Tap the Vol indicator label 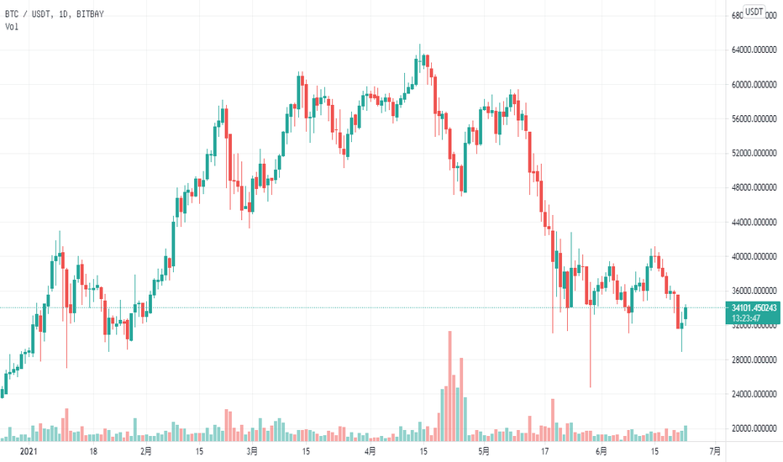click(x=12, y=27)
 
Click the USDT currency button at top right click(x=754, y=11)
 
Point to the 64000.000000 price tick click(x=754, y=50)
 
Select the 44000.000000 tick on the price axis click(x=754, y=223)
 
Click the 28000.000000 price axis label click(x=754, y=360)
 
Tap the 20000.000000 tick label click(x=754, y=429)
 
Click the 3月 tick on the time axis click(x=253, y=451)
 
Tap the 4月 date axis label click(x=370, y=451)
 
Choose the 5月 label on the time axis click(x=483, y=451)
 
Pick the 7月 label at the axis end click(x=712, y=451)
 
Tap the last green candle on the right click(x=686, y=314)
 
